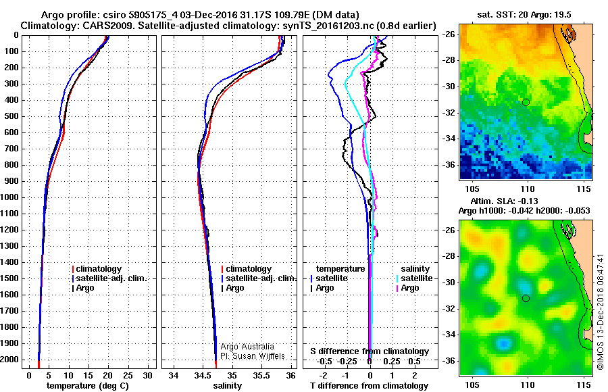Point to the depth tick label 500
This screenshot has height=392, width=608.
(x=12, y=116)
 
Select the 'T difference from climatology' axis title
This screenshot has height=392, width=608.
(x=370, y=385)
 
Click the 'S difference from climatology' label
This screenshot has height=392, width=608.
(x=370, y=351)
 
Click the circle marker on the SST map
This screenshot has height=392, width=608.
(x=526, y=102)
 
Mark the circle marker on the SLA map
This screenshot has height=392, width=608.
(x=526, y=298)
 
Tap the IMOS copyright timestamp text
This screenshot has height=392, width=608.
(x=600, y=312)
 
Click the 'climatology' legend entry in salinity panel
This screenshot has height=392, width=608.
(x=249, y=269)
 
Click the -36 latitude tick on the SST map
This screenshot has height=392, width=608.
(x=449, y=164)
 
